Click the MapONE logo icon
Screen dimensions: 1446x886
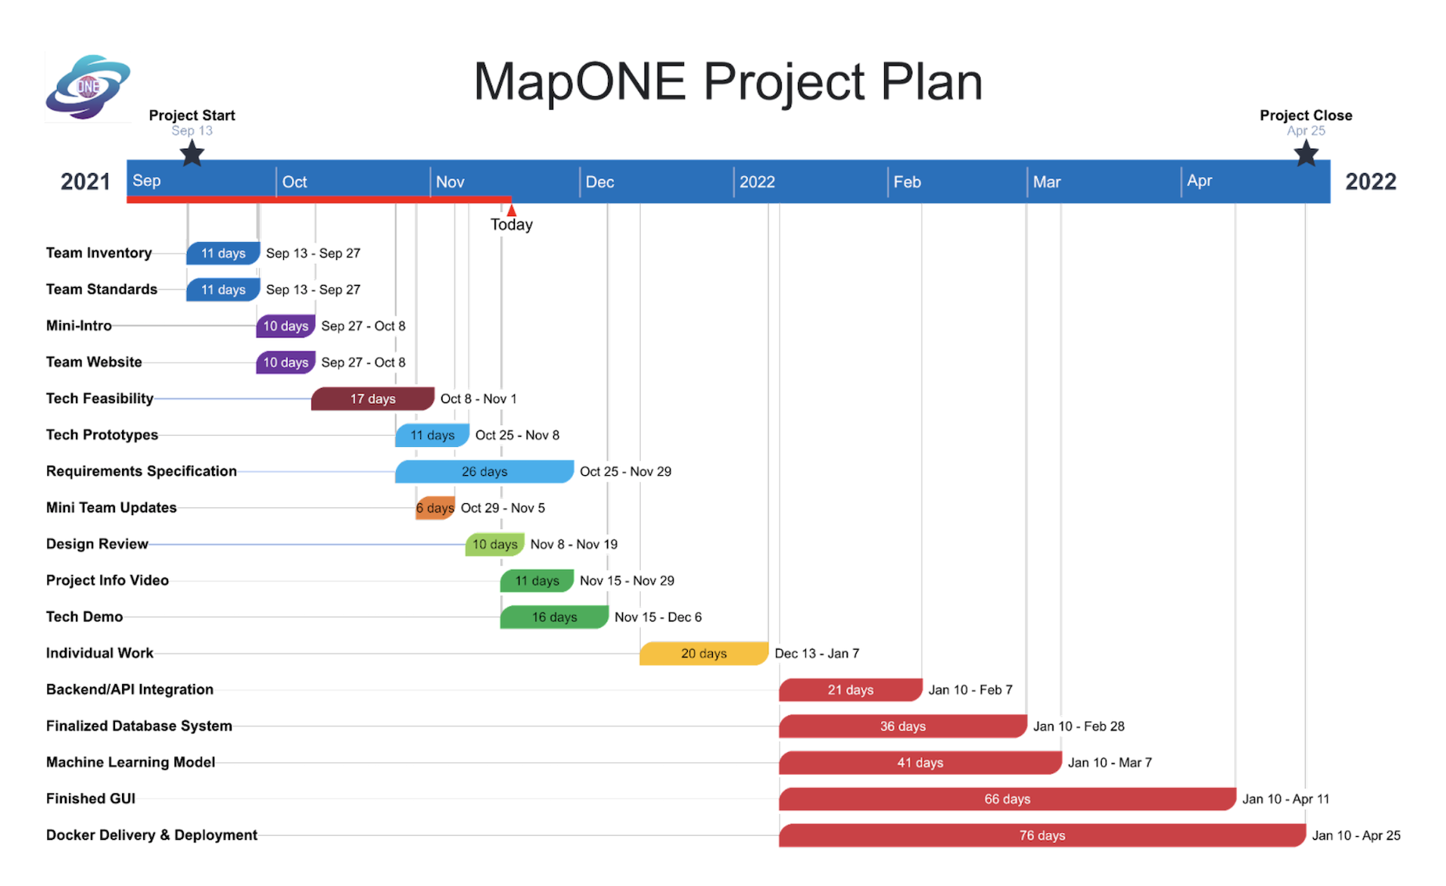(88, 87)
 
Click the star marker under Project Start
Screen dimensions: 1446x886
(192, 153)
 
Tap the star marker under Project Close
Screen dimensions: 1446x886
(1306, 153)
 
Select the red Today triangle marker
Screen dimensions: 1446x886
(511, 210)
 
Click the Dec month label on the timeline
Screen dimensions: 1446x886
(599, 182)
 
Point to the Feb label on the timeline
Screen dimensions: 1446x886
(907, 182)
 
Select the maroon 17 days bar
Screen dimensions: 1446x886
(372, 398)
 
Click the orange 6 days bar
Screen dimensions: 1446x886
(435, 508)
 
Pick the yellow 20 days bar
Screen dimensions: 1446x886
(703, 654)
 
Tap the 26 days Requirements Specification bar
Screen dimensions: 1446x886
(484, 471)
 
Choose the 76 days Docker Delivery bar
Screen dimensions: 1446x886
(1042, 835)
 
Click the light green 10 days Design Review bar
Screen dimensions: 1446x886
(495, 544)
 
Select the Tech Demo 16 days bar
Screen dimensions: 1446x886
(554, 617)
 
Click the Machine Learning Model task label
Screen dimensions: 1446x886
(131, 762)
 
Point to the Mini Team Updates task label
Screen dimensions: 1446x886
(111, 507)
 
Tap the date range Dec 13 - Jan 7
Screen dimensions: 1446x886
(817, 654)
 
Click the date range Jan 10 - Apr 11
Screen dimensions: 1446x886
(1286, 799)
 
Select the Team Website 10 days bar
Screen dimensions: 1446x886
(286, 362)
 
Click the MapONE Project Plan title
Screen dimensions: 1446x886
(728, 81)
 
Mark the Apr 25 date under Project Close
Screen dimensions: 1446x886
(1306, 131)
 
